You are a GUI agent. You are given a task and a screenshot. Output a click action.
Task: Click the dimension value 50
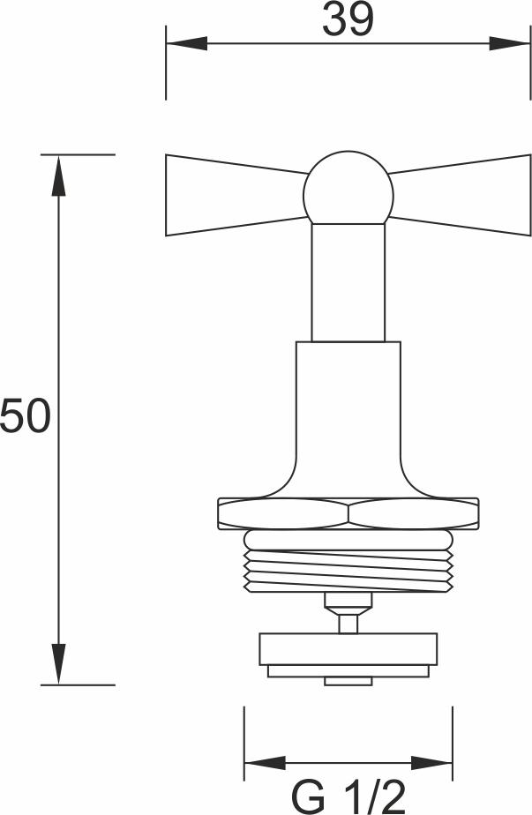coord(26,415)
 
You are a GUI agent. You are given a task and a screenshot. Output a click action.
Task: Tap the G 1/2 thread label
coord(348,798)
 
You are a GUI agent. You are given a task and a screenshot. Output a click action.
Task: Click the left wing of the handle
coord(234,195)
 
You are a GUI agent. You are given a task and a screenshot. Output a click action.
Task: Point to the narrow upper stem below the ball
coord(348,282)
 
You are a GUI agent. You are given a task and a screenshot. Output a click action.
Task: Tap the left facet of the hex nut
coord(283,514)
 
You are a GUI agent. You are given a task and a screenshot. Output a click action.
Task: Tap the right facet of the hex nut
coord(414,514)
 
